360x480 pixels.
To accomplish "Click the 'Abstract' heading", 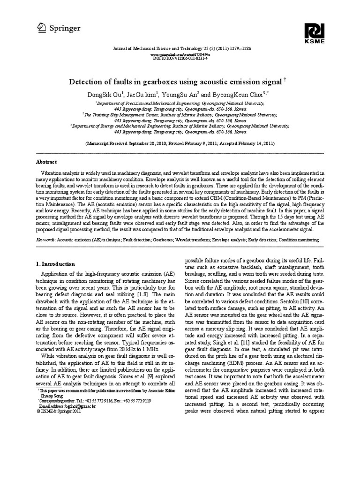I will click(46, 162).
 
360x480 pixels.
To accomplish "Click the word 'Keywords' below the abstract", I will click(45, 240).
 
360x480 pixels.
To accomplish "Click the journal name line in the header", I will click(180, 49).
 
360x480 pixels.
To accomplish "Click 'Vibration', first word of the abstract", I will click(52, 173).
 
